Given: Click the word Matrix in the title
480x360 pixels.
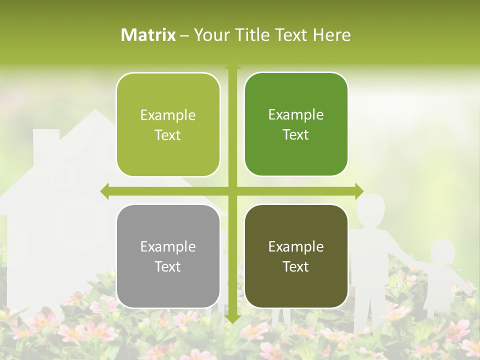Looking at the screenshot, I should [148, 35].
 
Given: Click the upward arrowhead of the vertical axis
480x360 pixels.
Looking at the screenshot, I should [232, 66].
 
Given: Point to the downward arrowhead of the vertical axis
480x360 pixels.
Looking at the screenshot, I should [232, 319].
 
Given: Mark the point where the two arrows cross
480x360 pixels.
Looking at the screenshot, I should [232, 191].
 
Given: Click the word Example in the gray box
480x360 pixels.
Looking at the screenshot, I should [168, 246].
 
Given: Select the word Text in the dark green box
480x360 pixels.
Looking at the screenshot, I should [296, 134].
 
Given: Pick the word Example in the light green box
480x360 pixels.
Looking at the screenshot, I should [168, 115].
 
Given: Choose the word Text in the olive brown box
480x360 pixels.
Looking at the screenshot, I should [296, 266].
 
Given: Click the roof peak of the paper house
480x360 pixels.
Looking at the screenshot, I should [95, 112].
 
